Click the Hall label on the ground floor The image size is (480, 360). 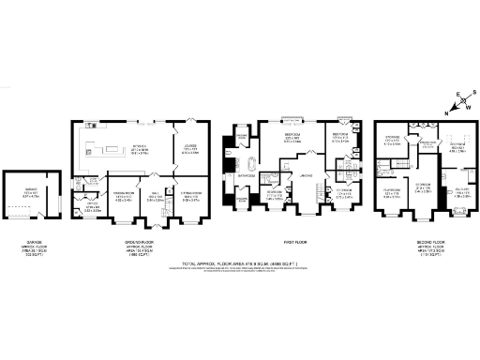coord(157,196)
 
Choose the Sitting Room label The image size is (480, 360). coord(191,196)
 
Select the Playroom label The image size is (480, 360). coord(391,194)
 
